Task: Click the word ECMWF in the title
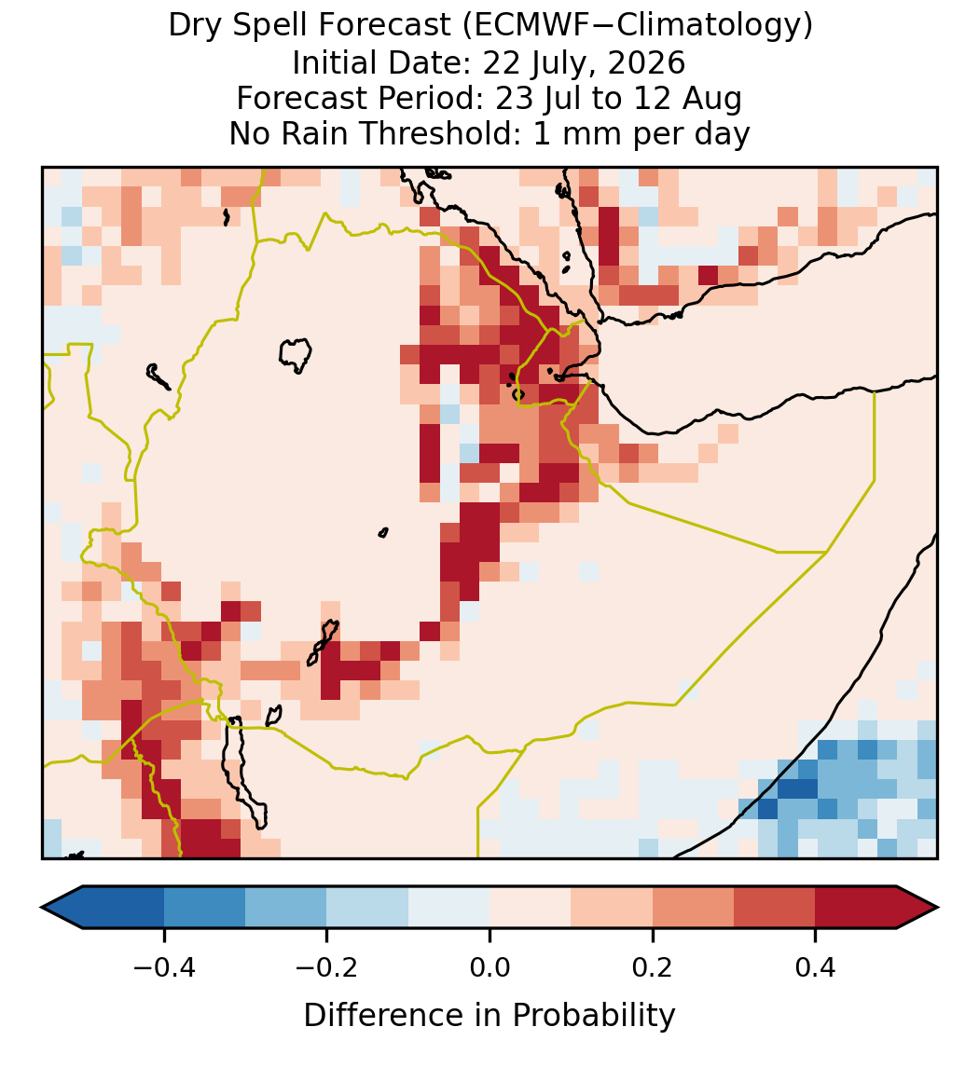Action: point(522,26)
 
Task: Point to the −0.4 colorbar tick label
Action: point(163,966)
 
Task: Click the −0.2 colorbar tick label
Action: point(326,966)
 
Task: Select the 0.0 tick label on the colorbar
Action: point(489,966)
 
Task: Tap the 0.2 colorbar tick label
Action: point(652,966)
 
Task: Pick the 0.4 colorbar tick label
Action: point(815,966)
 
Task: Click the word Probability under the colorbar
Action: point(594,1016)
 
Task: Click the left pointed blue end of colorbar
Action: point(62,908)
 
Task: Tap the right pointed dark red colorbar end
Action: point(918,908)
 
